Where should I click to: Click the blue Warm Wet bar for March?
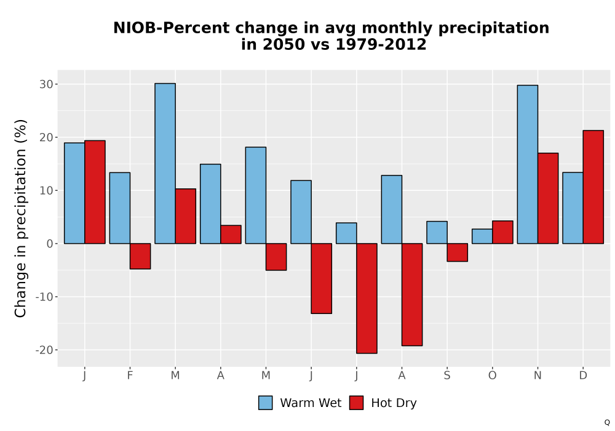point(165,163)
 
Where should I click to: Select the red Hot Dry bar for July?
point(367,299)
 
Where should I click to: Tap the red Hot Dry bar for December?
point(593,187)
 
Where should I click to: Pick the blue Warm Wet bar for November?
point(528,164)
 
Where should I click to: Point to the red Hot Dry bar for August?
point(412,294)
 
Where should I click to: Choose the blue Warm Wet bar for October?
point(482,236)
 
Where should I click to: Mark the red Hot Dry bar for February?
point(140,256)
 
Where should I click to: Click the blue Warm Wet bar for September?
point(437,232)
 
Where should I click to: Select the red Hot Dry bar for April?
point(231,235)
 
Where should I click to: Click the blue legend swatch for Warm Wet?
point(266,403)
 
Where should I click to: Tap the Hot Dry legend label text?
point(394,403)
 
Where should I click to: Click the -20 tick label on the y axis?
point(44,350)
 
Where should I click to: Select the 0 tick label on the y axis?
point(50,244)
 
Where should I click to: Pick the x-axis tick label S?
point(447,376)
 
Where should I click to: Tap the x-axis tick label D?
point(583,376)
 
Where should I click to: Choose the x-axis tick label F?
point(130,376)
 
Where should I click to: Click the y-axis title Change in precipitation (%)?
point(20,218)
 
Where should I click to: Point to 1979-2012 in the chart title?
point(381,44)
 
